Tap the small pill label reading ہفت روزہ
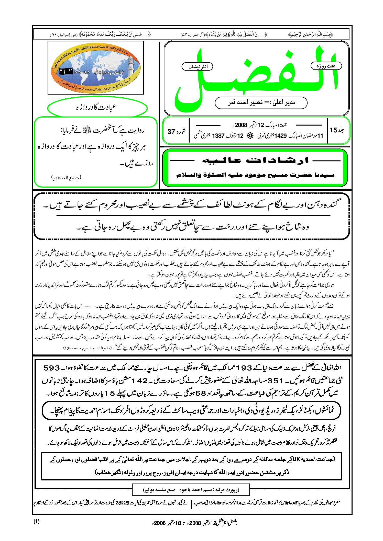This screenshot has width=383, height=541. pos(326,66)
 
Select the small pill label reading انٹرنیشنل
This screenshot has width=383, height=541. pos(197,67)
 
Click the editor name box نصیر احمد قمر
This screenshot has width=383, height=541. pos(261,103)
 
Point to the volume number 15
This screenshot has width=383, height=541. pos(333,130)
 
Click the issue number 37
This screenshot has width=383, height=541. pos(171,132)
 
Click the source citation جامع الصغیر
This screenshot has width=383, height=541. pos(66,177)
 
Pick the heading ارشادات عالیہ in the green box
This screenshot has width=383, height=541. pos(255,161)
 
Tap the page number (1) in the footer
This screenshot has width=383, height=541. pos(37,522)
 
